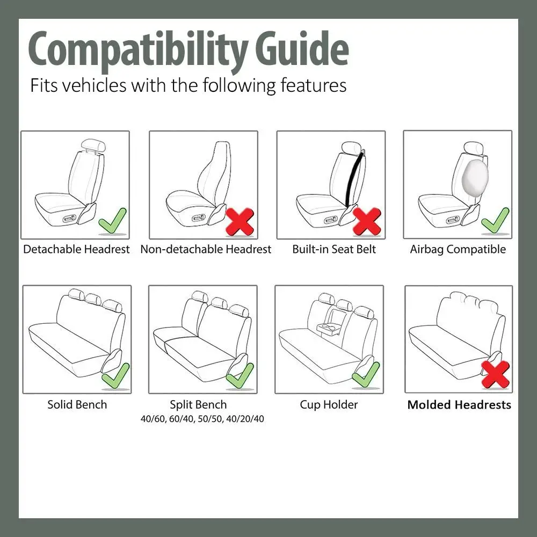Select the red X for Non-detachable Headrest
click(240, 221)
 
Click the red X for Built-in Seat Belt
click(367, 221)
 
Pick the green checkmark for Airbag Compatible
click(495, 221)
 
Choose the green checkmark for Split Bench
click(240, 375)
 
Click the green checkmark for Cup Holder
click(366, 375)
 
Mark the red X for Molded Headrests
click(495, 375)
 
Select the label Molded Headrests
click(459, 405)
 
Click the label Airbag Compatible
click(458, 249)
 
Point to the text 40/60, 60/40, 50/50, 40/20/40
click(201, 419)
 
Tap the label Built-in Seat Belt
click(334, 249)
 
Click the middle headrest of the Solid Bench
click(94, 299)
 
